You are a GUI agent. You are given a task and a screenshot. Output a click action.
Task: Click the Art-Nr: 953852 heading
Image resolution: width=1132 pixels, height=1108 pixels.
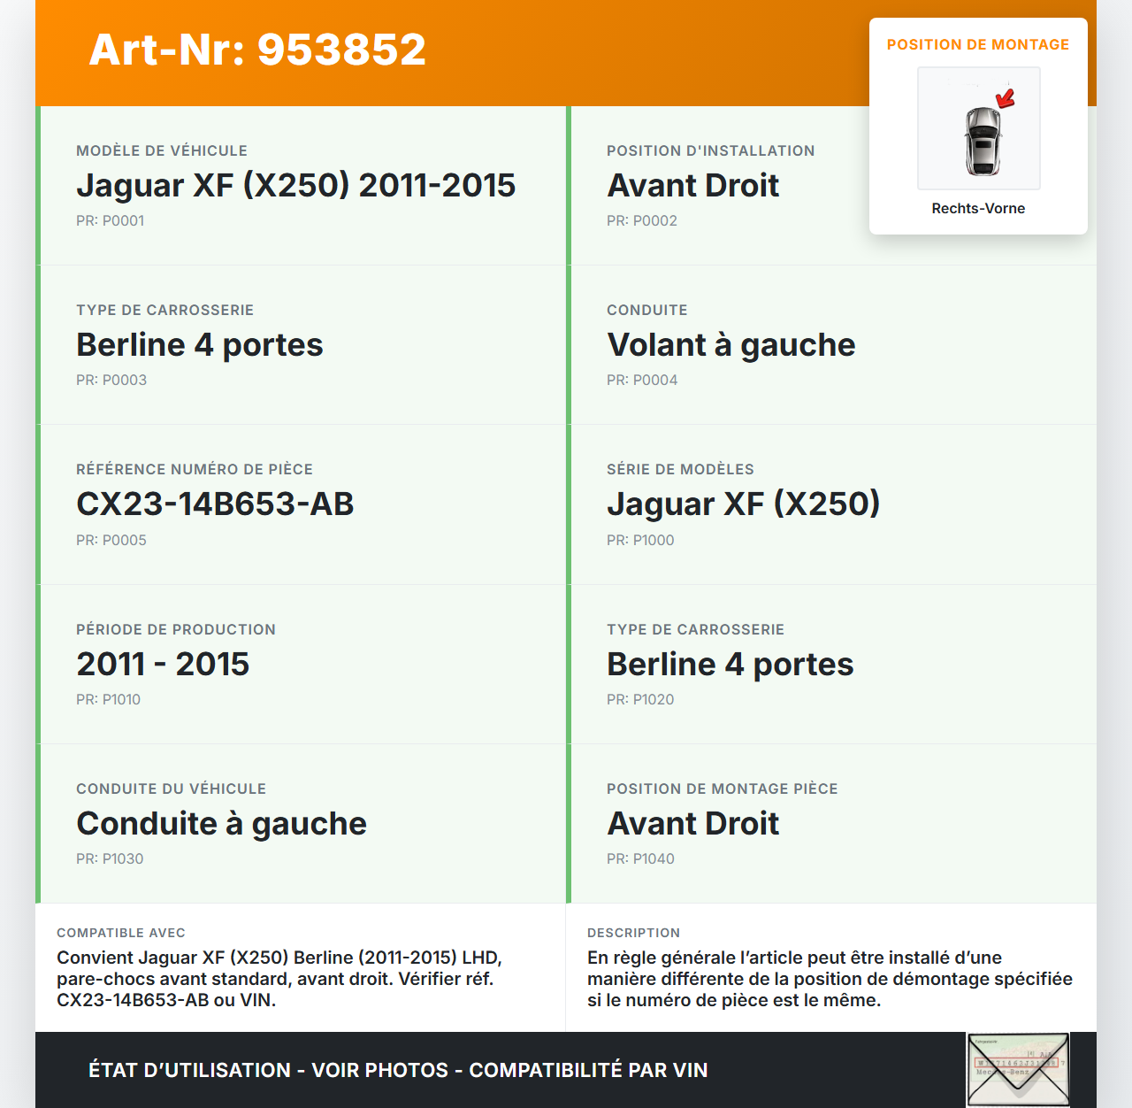(x=257, y=50)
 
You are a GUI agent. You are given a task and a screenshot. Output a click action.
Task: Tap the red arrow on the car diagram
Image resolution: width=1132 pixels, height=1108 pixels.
(x=1006, y=98)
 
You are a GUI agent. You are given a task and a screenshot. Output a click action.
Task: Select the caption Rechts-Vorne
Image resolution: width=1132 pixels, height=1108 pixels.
(x=978, y=208)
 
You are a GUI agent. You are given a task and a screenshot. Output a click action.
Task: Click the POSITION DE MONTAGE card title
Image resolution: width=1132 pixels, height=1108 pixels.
(x=978, y=44)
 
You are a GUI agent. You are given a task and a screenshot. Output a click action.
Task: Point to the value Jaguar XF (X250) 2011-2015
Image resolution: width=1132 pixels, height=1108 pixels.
(x=295, y=185)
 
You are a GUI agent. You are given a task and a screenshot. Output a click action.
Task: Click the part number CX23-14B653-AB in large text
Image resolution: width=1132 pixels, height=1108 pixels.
(x=215, y=504)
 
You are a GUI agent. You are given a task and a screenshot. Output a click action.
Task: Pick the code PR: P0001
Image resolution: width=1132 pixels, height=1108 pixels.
(x=110, y=220)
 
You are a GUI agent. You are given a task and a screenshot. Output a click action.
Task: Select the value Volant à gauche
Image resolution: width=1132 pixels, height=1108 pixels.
(x=730, y=344)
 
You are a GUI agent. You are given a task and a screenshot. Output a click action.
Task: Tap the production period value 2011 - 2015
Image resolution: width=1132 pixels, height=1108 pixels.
(x=163, y=664)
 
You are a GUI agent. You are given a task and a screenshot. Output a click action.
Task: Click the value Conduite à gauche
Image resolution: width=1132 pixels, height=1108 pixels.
(x=221, y=823)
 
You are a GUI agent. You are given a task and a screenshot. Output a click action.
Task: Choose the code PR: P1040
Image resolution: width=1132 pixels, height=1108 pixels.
(x=640, y=858)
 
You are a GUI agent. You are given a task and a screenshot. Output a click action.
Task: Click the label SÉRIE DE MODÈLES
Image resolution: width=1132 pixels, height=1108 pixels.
(x=680, y=469)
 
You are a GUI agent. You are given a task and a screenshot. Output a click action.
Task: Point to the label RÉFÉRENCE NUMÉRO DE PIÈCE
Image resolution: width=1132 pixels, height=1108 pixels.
(x=195, y=469)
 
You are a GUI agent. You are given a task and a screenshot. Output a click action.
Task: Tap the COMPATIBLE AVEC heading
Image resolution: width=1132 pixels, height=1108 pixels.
(x=121, y=933)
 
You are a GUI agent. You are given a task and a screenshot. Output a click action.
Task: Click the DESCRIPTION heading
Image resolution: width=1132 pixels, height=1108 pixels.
(x=633, y=933)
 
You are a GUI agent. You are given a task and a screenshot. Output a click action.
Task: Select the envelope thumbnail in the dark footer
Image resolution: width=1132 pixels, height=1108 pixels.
(x=1018, y=1069)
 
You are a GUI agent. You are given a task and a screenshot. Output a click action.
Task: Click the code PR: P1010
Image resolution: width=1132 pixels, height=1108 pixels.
(x=108, y=699)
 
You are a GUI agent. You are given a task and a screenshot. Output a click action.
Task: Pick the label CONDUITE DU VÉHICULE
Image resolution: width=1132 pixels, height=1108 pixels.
(x=171, y=789)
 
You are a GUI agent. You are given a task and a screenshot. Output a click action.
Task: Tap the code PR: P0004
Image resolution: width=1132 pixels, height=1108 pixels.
(x=642, y=380)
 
